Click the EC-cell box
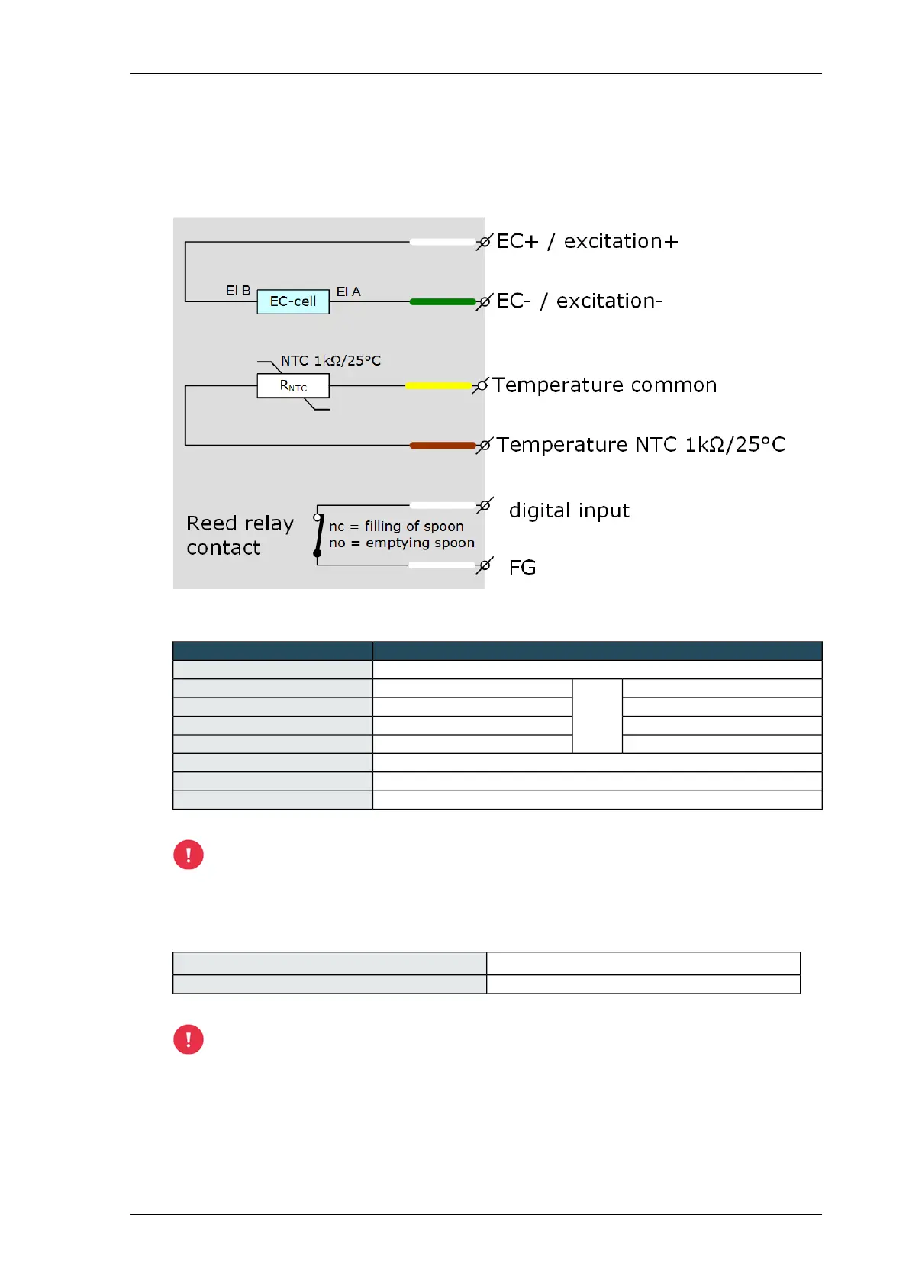293,301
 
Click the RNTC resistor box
293,386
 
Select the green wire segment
443,302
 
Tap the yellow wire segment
438,386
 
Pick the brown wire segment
443,446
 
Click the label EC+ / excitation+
587,242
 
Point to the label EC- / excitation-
579,301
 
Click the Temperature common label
604,385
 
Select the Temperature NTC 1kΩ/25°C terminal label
640,445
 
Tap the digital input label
569,510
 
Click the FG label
522,568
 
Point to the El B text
238,291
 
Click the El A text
348,291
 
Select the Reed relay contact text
240,535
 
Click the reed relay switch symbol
318,535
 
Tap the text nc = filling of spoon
396,527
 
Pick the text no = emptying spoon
401,543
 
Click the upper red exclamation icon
189,855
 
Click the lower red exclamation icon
189,1039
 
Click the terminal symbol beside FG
484,566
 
